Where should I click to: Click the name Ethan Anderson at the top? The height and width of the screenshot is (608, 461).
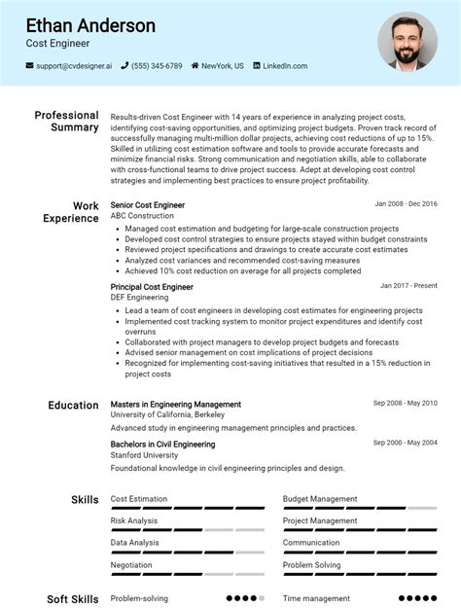point(90,25)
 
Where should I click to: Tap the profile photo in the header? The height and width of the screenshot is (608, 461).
point(408,41)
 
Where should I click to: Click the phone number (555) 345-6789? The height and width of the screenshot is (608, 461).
point(157,66)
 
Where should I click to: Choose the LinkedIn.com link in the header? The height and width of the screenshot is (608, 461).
point(285,66)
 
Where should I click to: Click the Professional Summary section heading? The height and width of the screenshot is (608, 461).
point(66,122)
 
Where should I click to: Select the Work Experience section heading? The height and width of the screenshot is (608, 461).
point(70,212)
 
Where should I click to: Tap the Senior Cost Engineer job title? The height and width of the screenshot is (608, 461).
point(148,205)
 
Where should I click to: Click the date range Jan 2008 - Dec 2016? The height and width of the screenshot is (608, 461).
point(406,204)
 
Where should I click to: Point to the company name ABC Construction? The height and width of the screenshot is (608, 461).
point(143,216)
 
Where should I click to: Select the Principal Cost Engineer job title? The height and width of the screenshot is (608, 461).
point(152,287)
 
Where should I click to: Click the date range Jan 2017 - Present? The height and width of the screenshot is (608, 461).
point(408,286)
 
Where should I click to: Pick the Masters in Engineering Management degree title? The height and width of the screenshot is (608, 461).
point(176,404)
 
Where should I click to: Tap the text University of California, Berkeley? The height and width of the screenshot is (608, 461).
point(168,415)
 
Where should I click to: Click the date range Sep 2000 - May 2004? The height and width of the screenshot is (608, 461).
point(405,443)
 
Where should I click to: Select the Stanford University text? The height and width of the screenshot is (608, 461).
point(144,455)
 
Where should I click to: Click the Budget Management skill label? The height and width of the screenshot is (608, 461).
point(320,499)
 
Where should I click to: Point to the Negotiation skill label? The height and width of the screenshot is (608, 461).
point(131,564)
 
